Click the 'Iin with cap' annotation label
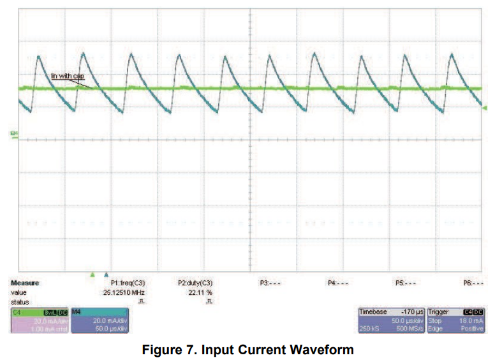[x=68, y=76]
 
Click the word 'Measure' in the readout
[x=25, y=282]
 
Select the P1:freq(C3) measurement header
[x=128, y=282]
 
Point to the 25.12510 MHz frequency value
[x=126, y=292]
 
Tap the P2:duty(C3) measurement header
[x=195, y=282]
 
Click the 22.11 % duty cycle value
[x=200, y=292]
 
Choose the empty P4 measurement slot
[x=337, y=282]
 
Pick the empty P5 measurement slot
[x=406, y=282]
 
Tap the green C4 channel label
[x=17, y=311]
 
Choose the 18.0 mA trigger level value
[x=471, y=320]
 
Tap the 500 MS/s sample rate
[x=408, y=329]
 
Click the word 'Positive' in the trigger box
[x=471, y=329]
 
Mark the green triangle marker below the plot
[x=92, y=274]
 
